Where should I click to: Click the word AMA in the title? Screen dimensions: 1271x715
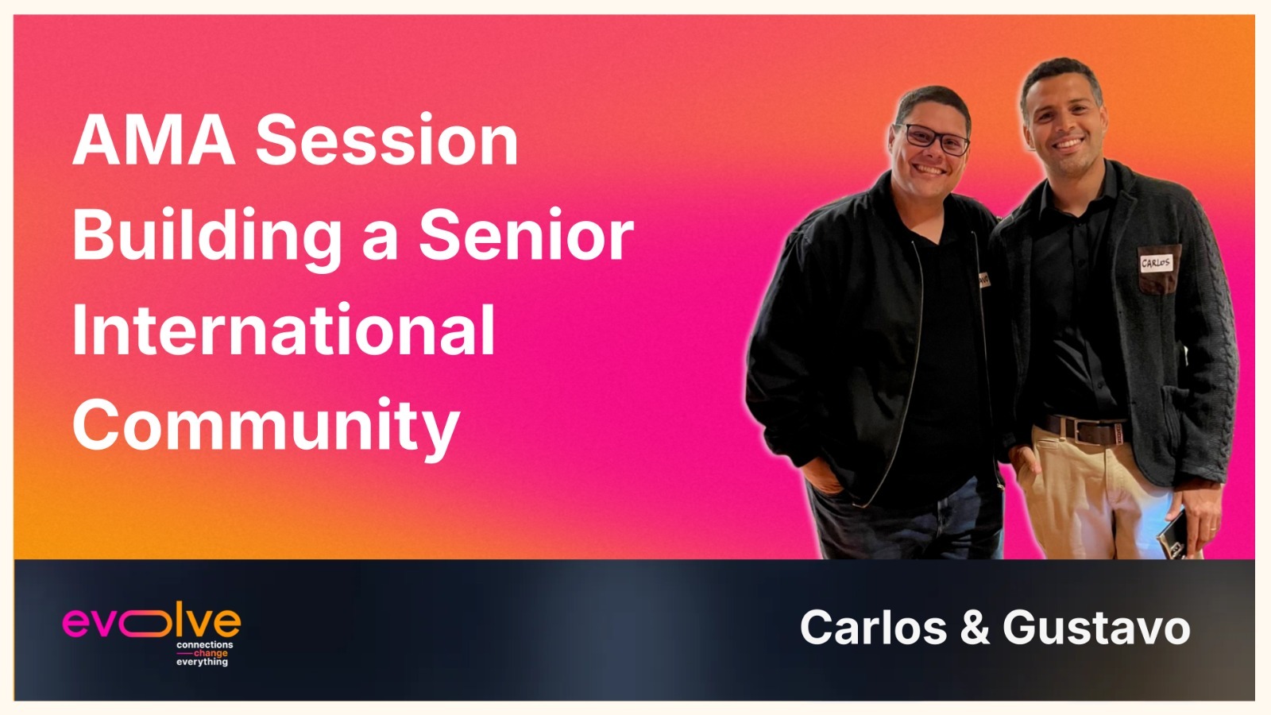coord(154,140)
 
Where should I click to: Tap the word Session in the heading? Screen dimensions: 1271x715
coord(387,140)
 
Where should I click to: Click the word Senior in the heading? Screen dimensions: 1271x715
coord(526,235)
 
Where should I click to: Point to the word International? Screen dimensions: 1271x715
coord(284,330)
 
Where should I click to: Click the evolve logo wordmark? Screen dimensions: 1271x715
coord(152,622)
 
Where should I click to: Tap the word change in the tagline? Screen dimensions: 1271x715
coord(211,653)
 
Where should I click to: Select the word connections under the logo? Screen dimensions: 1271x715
coord(204,644)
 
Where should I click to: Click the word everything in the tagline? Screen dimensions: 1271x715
coord(202,663)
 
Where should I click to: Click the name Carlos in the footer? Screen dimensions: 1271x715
coord(873,628)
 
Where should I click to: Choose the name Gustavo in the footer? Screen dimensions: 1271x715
coord(1096,628)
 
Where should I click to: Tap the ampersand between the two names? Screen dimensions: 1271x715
coord(974,628)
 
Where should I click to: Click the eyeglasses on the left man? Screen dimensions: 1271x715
coord(935,138)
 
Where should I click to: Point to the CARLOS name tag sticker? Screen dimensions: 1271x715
coord(1156,263)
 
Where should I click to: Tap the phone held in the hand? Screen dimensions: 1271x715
coord(1172,534)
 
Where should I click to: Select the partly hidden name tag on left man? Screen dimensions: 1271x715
coord(984,279)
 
